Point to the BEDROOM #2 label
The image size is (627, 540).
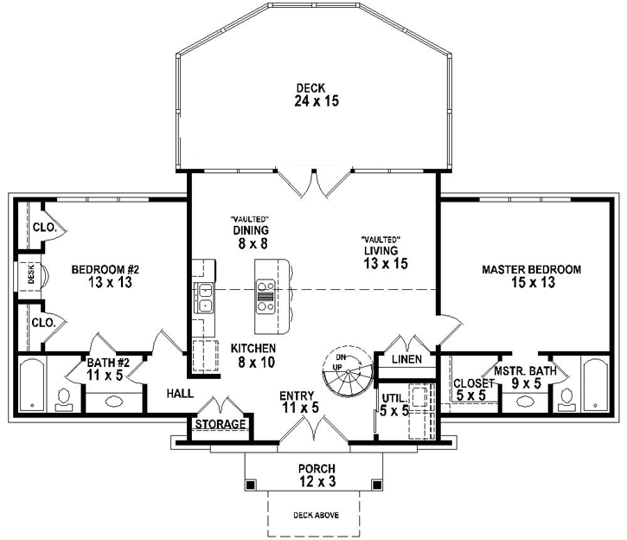(99, 275)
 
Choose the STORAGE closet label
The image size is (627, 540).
(221, 425)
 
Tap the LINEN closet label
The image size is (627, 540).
(406, 359)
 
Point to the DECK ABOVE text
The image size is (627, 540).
(312, 515)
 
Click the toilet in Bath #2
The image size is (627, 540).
(63, 397)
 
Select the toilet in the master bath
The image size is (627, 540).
(566, 398)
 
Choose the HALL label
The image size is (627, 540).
(179, 393)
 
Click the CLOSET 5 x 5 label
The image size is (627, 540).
(471, 389)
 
